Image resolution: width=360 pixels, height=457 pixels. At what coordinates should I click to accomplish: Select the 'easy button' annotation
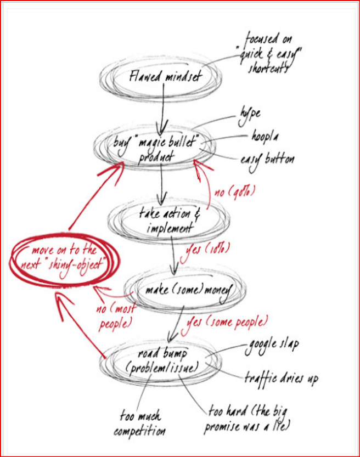tap(267, 160)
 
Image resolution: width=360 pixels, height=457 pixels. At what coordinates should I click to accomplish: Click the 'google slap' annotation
tap(272, 344)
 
